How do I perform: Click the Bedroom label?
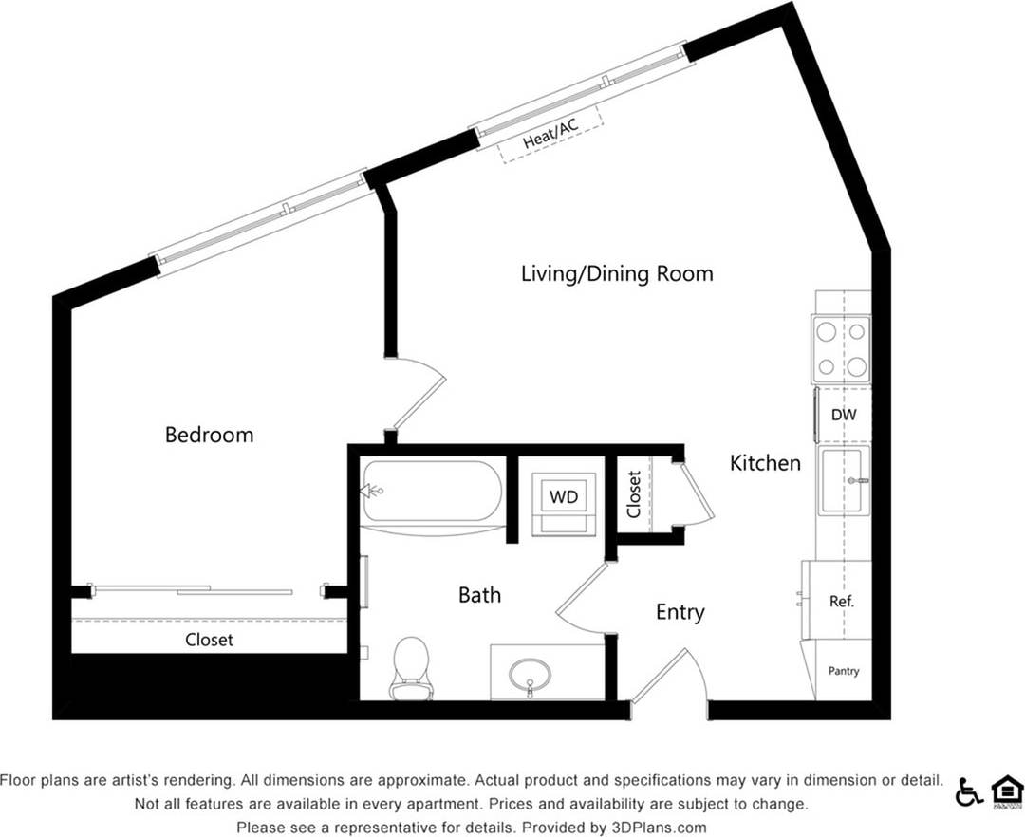pos(209,435)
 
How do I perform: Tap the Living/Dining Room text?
pos(617,274)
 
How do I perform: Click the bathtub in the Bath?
pos(433,491)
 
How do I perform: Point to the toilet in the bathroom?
pos(410,666)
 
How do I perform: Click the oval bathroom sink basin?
pos(530,675)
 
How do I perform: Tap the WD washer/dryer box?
pos(564,495)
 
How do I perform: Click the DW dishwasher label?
pos(843,416)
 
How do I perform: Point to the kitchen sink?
pos(844,481)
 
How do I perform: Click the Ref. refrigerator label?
pos(841,601)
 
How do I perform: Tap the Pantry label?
pos(843,671)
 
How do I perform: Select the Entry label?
pos(680,612)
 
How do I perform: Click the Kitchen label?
pos(765,463)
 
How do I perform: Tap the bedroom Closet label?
pos(209,640)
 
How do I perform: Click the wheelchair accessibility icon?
pos(968,791)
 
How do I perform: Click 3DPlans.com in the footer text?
pos(658,828)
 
